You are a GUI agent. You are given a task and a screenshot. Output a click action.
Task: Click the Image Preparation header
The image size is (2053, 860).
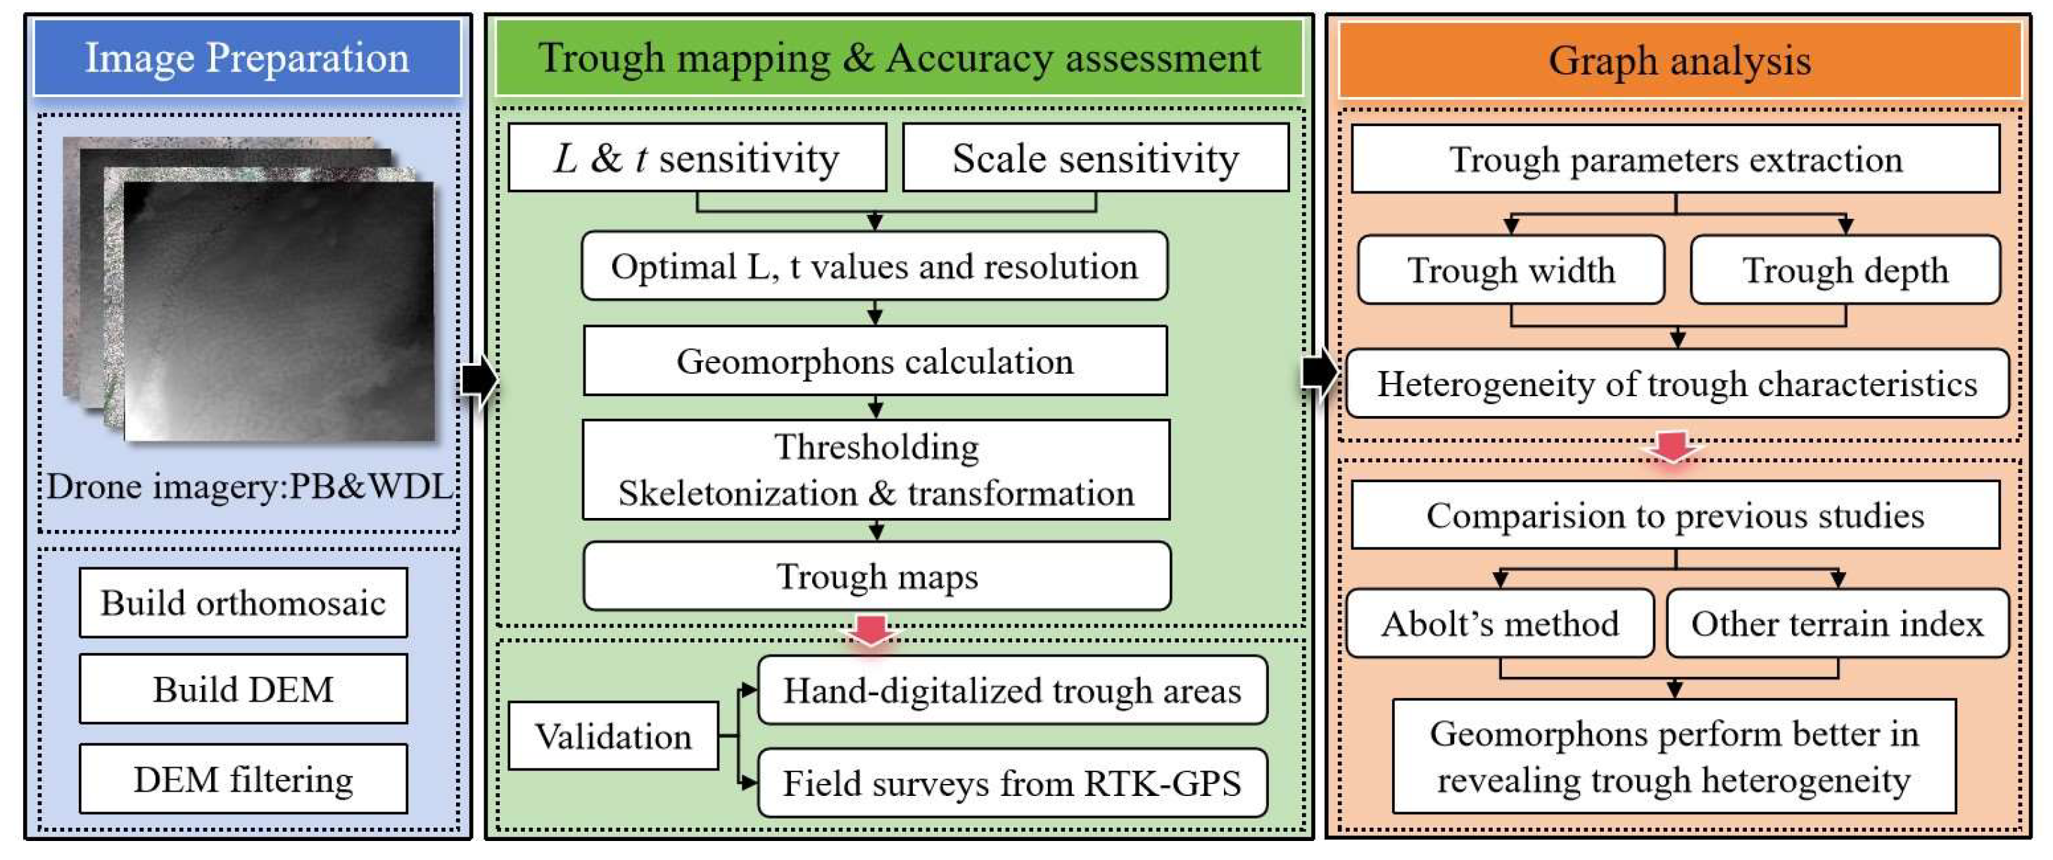coord(247,58)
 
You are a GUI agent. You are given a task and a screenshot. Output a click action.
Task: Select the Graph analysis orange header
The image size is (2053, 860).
coord(1679,61)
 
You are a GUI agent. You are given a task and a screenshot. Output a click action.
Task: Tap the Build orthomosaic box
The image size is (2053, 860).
coord(243,602)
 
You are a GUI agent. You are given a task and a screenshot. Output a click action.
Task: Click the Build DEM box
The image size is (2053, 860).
coord(243,690)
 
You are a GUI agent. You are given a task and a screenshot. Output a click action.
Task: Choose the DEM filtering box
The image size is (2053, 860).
coord(243,778)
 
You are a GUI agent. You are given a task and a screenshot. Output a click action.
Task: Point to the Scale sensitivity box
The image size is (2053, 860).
coord(1095,158)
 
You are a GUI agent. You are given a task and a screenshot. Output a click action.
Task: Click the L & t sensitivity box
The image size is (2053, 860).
coord(697,158)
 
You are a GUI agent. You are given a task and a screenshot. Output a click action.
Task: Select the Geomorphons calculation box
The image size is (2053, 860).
coord(875,361)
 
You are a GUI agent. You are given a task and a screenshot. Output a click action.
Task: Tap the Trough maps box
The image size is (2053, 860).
coord(877,576)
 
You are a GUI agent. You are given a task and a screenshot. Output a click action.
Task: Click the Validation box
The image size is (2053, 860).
coord(613,735)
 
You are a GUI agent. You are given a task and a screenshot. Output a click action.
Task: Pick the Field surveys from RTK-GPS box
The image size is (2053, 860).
coord(1012,783)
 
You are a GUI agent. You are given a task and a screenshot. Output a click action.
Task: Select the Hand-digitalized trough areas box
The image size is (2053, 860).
coord(1012,690)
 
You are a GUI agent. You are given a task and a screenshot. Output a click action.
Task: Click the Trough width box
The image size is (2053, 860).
coord(1511,270)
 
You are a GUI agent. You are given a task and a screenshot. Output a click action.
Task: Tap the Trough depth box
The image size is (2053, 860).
coord(1845,270)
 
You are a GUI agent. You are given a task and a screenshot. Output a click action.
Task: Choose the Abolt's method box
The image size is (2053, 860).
coord(1500,624)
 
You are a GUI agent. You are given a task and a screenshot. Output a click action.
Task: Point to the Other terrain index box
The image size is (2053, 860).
coord(1837,624)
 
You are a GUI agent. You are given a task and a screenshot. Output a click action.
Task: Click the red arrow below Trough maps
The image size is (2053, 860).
coord(872,630)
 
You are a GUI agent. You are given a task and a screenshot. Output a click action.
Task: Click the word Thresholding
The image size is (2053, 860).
coord(877,447)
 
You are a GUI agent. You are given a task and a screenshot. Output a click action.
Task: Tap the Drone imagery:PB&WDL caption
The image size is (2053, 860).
coord(249,486)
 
